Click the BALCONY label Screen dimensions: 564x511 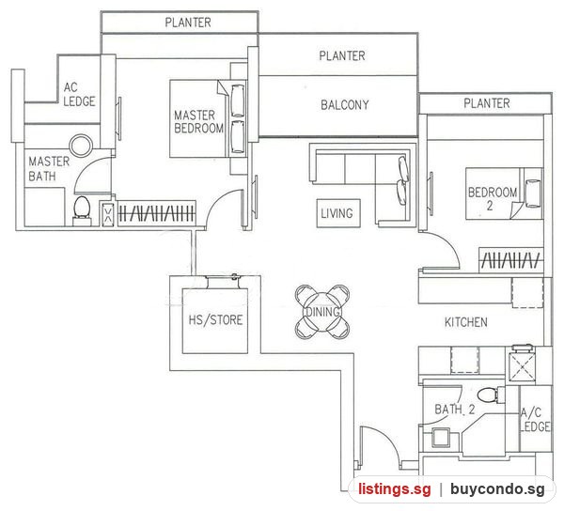pyautogui.click(x=345, y=105)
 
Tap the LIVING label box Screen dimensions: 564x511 pyautogui.click(x=338, y=213)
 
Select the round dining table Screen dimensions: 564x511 pyautogui.click(x=322, y=312)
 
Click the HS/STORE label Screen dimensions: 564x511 pyautogui.click(x=216, y=319)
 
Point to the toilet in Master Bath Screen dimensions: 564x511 pyautogui.click(x=82, y=211)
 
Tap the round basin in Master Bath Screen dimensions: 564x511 pyautogui.click(x=81, y=146)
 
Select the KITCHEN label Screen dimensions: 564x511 pyautogui.click(x=466, y=322)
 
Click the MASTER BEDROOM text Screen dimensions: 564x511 pyautogui.click(x=198, y=122)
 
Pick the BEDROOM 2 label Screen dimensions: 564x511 pyautogui.click(x=492, y=198)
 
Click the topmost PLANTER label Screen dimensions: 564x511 pyautogui.click(x=188, y=23)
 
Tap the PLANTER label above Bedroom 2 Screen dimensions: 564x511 pyautogui.click(x=486, y=103)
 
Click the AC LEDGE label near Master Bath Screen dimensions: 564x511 pyautogui.click(x=79, y=94)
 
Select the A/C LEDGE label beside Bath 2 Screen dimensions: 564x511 pyautogui.click(x=535, y=419)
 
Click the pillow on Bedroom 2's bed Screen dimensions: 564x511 pyautogui.click(x=533, y=194)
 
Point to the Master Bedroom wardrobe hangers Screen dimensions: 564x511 pyautogui.click(x=157, y=214)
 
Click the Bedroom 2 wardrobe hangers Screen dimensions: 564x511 pyautogui.click(x=510, y=260)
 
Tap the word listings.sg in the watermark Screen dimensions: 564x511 pyautogui.click(x=394, y=489)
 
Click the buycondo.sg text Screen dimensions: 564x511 pyautogui.click(x=497, y=489)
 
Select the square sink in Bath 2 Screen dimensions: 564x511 pyautogui.click(x=441, y=438)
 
